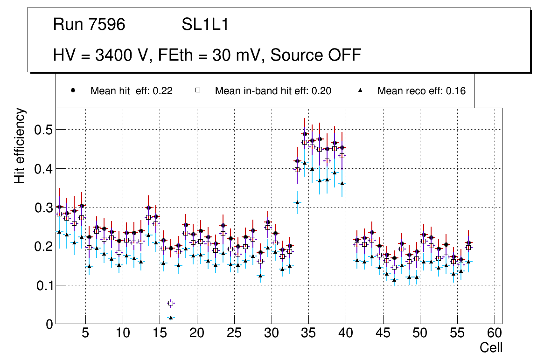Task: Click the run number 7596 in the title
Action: [107, 25]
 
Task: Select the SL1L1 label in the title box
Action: [205, 25]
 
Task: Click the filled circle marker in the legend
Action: [73, 90]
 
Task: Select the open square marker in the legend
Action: [197, 90]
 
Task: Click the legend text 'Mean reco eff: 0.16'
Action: [421, 91]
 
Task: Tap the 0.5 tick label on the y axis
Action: [43, 130]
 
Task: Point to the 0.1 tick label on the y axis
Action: [43, 285]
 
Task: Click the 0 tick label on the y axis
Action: [49, 324]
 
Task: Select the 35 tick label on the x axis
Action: [308, 334]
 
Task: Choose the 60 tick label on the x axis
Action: [495, 334]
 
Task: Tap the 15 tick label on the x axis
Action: [160, 334]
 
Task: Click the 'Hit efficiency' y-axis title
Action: [20, 145]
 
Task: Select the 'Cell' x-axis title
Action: [491, 348]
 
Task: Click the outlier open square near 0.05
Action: [171, 304]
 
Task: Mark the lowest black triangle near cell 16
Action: [171, 318]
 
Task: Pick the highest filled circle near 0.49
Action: [305, 134]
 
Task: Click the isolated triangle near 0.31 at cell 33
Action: [297, 202]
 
